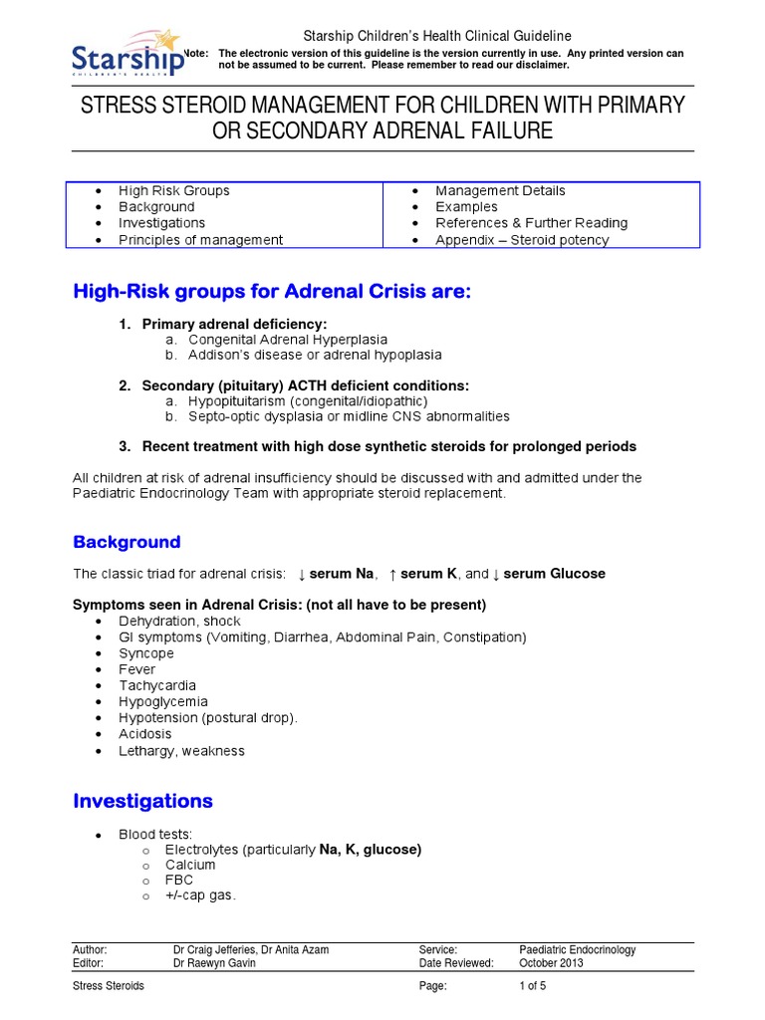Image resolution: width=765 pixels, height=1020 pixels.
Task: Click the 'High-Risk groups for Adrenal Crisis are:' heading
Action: tap(269, 291)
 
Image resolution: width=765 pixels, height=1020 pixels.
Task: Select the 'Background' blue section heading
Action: tap(127, 542)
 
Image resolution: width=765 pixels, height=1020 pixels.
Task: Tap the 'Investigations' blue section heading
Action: tap(142, 801)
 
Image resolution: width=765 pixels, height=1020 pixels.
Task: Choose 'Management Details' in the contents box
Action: tap(500, 190)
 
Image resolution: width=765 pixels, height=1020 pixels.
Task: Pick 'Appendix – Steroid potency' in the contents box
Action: tap(522, 240)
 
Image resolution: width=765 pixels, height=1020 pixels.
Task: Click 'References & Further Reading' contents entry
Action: tap(531, 223)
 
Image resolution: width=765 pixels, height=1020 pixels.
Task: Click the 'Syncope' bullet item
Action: tap(146, 653)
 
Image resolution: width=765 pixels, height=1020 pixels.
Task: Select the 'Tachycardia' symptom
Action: tap(156, 685)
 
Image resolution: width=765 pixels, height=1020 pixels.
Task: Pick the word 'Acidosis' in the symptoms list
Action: tap(145, 734)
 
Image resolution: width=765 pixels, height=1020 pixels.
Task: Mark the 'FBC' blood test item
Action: tap(179, 881)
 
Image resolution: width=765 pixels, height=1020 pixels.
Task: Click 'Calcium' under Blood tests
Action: tap(190, 865)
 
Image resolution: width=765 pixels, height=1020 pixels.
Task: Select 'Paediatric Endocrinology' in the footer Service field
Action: tap(578, 950)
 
